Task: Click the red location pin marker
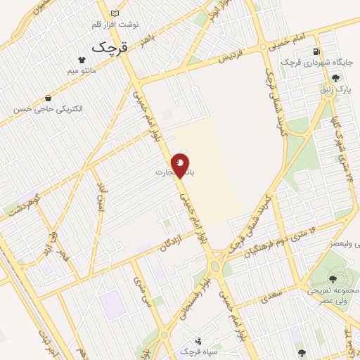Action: tap(181, 165)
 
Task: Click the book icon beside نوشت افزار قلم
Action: tap(115, 13)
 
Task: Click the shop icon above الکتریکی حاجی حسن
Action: tap(47, 98)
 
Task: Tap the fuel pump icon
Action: tap(318, 51)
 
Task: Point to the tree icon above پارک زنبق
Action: tap(336, 78)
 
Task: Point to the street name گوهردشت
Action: tap(25, 203)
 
